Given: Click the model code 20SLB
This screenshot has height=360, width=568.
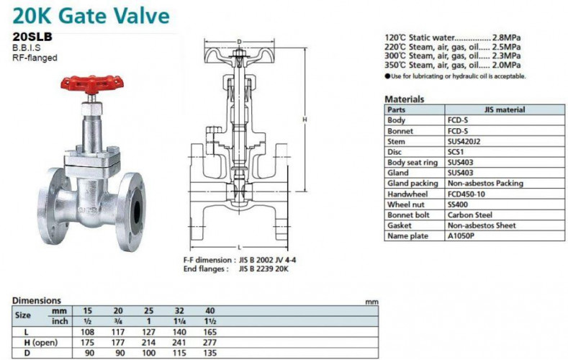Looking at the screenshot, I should (32, 35).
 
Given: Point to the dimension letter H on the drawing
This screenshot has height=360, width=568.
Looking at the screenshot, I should (305, 120).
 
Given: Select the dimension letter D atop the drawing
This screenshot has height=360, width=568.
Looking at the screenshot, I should (238, 42).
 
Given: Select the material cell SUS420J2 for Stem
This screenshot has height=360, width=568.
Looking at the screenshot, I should (465, 142).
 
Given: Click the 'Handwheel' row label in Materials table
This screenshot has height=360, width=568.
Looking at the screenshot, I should (405, 194).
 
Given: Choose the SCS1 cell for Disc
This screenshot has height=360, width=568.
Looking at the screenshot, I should (456, 153).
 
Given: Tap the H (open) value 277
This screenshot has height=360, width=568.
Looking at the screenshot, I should (210, 343).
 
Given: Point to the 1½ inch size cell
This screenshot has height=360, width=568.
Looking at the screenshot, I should (210, 321).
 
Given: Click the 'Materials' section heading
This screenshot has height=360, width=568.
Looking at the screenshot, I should (404, 99).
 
